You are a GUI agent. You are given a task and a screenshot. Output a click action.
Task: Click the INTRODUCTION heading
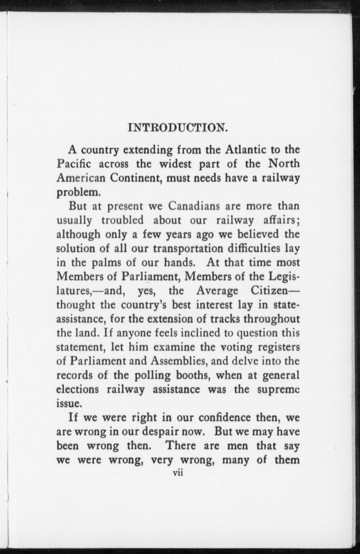pos(178,128)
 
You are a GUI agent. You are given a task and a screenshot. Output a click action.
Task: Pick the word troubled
pos(122,220)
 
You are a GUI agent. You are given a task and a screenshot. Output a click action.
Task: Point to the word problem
pos(77,192)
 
